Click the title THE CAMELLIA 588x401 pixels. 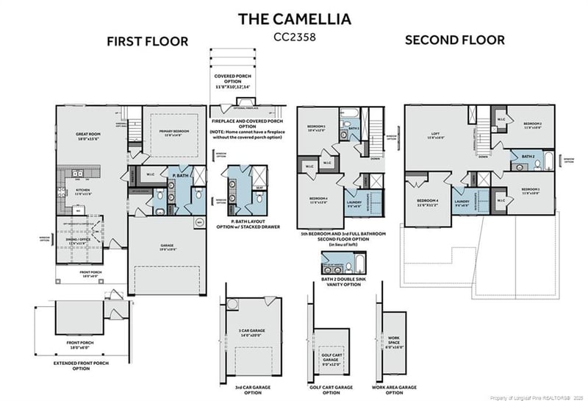pos(294,18)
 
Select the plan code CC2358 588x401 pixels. pos(294,35)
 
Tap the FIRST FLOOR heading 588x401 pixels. pos(147,41)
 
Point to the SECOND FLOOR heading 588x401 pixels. pos(455,40)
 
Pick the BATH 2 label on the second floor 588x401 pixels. pos(528,156)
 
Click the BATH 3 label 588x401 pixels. pos(354,128)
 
